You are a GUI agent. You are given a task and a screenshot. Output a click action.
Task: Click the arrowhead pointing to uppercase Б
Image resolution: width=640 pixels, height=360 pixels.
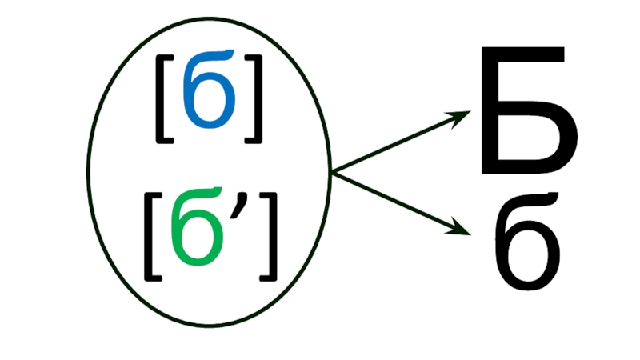[x=462, y=118]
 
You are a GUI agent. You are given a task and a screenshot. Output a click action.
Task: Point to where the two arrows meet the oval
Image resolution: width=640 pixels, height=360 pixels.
[x=331, y=173]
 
